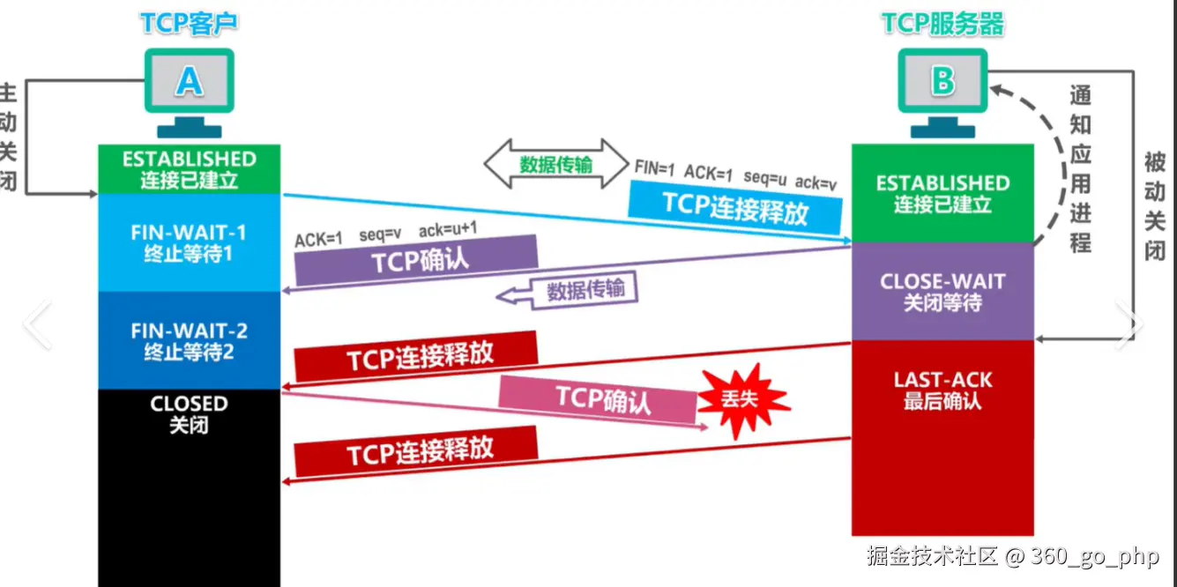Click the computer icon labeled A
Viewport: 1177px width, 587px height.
tap(189, 88)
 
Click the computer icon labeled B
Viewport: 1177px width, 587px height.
tap(942, 88)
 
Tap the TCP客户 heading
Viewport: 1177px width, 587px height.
tap(189, 24)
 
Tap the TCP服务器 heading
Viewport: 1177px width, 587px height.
tap(942, 24)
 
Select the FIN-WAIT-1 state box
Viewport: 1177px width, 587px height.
tap(189, 243)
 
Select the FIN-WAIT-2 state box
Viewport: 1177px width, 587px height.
tap(189, 341)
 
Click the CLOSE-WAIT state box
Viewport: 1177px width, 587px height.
tap(942, 292)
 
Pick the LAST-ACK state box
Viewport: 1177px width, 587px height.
tap(942, 390)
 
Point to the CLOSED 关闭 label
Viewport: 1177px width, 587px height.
tap(189, 414)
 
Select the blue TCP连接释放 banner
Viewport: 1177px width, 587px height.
tap(735, 204)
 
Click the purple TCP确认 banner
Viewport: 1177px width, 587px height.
tap(416, 261)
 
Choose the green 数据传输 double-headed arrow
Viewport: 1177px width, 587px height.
tap(555, 164)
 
